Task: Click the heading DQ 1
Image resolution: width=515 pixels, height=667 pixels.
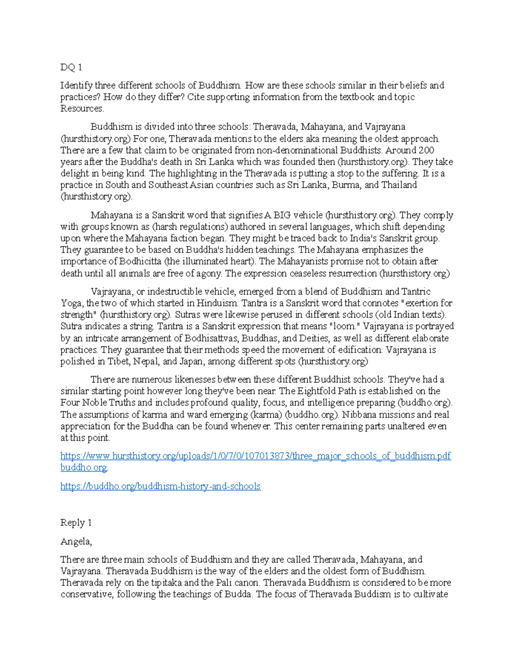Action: [71, 67]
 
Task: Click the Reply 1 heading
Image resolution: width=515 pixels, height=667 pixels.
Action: [76, 523]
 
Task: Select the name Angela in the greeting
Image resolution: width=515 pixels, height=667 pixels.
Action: [76, 542]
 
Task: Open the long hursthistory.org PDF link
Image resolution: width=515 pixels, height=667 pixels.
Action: [255, 456]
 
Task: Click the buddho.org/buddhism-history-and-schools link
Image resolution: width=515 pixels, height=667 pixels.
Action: [161, 487]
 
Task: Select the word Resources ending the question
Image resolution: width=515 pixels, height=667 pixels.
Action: [82, 109]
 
